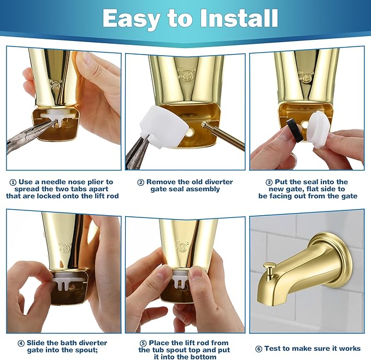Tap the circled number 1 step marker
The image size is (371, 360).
point(13,182)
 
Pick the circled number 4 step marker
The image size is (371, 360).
point(21,343)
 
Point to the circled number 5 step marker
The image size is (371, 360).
point(143,343)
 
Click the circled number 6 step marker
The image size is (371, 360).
point(258,349)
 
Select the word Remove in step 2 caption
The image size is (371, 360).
point(162,182)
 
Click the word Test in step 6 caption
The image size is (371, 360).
point(273,349)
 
